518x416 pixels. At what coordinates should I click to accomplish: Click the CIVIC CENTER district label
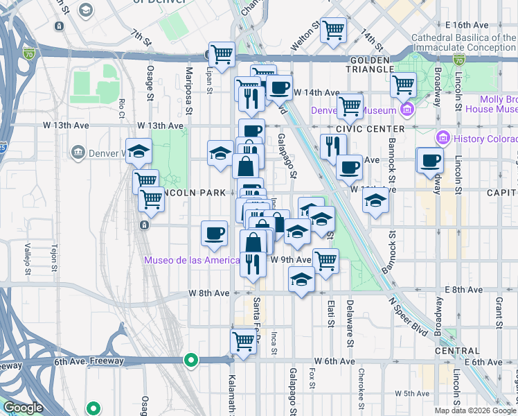pos(370,130)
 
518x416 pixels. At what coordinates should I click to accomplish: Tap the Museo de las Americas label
pos(191,261)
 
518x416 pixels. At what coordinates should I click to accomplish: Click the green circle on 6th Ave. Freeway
pos(191,361)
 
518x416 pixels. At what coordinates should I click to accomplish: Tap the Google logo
pos(22,408)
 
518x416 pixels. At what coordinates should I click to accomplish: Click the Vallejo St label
pos(27,256)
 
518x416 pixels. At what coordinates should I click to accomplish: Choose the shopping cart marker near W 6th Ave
pos(243,341)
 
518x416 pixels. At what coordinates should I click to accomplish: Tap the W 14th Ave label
pos(316,92)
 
